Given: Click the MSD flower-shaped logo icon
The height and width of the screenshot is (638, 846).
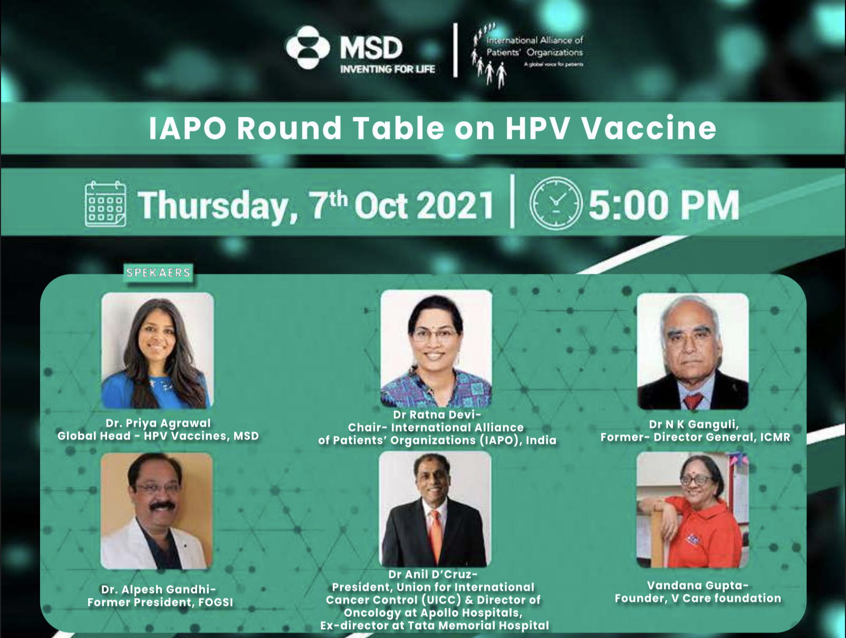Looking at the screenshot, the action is [x=307, y=47].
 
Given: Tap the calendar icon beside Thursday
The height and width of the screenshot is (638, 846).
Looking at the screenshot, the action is [x=105, y=204].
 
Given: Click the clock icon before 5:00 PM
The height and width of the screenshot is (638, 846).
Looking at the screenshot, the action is [x=556, y=204].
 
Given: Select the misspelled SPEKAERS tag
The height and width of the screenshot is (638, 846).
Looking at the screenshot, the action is [x=158, y=273].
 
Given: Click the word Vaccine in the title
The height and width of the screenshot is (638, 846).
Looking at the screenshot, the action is [x=649, y=128].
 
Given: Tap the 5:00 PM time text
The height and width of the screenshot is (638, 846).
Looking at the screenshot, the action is [x=664, y=205].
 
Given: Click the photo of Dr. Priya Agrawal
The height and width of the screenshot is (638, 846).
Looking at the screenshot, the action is [x=157, y=351].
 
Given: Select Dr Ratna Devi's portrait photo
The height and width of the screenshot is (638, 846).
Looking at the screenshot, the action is [x=436, y=349].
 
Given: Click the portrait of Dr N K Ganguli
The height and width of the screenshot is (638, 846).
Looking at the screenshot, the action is [x=693, y=351].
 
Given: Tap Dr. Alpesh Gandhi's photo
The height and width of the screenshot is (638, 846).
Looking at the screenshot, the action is [x=157, y=511].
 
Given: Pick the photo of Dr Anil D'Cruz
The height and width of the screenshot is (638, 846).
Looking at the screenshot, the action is [x=435, y=509].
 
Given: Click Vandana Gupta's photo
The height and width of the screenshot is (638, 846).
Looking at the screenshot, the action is [x=692, y=510].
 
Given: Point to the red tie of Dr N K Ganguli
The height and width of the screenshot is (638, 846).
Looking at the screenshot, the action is [x=693, y=401].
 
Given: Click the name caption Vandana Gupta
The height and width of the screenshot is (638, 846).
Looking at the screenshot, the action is [x=698, y=586].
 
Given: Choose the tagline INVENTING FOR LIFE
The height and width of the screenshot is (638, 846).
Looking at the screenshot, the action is [x=388, y=70].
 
